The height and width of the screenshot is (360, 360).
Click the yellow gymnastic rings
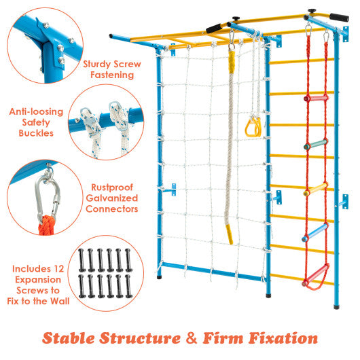(x=253, y=125)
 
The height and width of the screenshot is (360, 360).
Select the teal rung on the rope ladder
(x=318, y=143)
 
